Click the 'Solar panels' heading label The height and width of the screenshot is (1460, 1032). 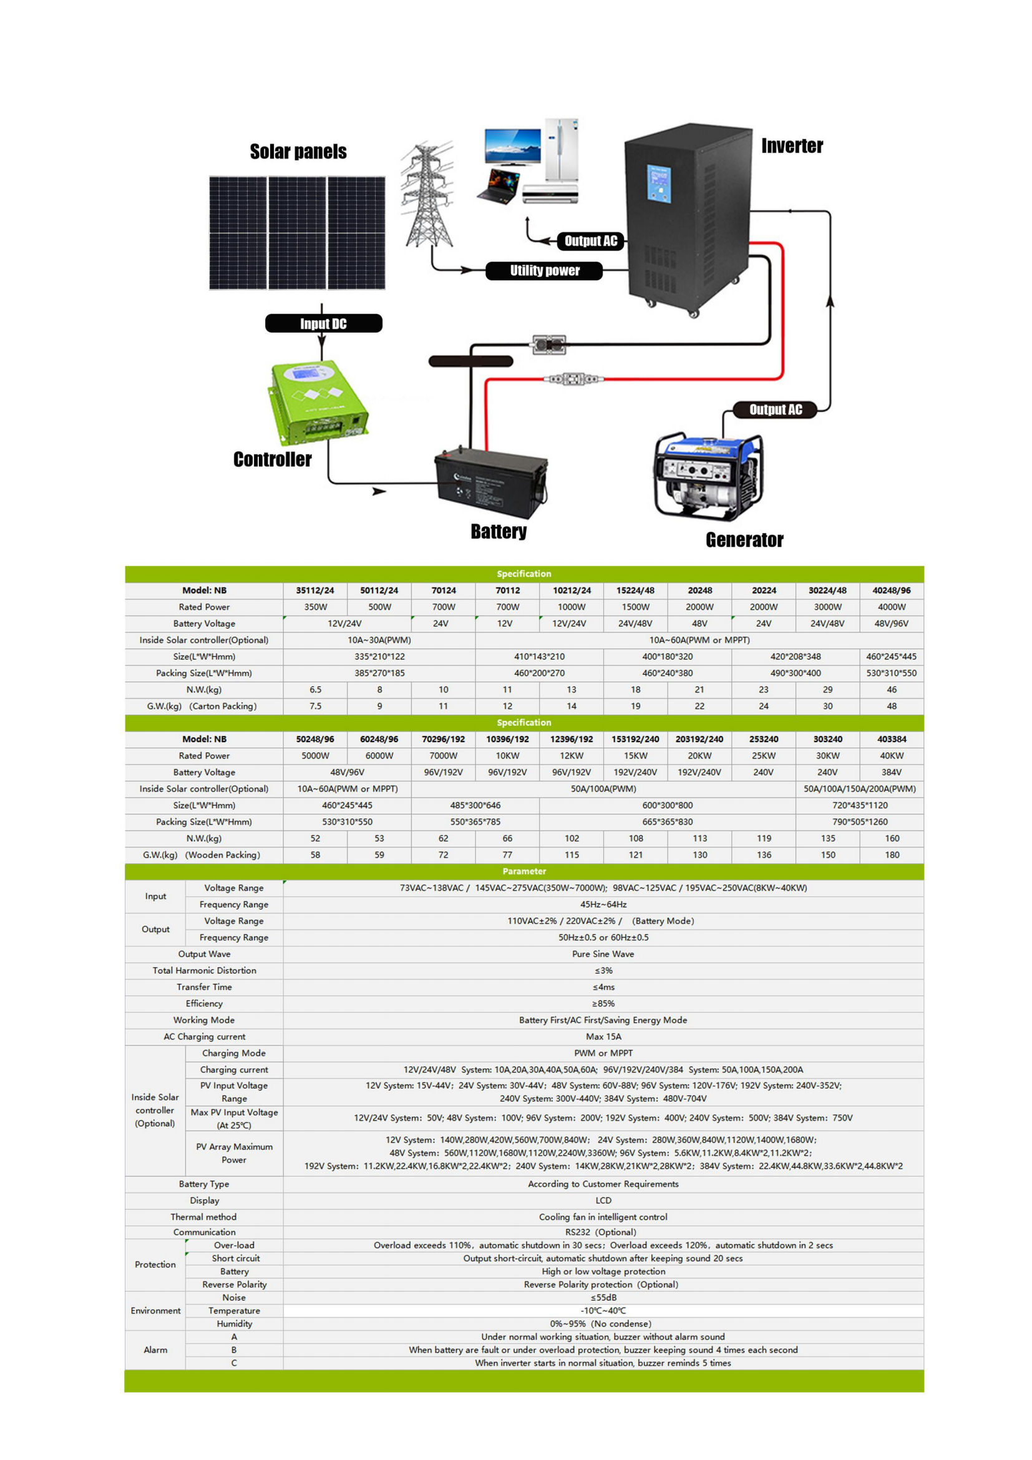click(x=298, y=151)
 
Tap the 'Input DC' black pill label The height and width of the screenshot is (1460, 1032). click(x=323, y=324)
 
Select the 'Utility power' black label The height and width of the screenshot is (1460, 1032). click(x=545, y=271)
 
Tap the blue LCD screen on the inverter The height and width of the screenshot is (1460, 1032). click(x=659, y=183)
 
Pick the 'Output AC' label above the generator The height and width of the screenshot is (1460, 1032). click(x=776, y=409)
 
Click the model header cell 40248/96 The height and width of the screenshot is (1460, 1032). click(x=891, y=590)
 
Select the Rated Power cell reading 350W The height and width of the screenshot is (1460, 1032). click(x=315, y=607)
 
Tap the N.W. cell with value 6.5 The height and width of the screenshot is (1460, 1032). click(x=315, y=689)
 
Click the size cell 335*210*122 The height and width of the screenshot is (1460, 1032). click(x=379, y=656)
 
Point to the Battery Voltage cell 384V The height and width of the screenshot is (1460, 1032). click(x=891, y=772)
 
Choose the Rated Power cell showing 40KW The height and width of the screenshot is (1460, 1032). click(x=891, y=755)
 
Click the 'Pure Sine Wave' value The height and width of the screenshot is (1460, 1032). click(x=603, y=954)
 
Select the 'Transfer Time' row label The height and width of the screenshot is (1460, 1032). click(x=204, y=987)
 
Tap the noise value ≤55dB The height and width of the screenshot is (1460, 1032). click(x=603, y=1297)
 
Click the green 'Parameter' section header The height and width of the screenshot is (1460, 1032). click(x=523, y=871)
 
